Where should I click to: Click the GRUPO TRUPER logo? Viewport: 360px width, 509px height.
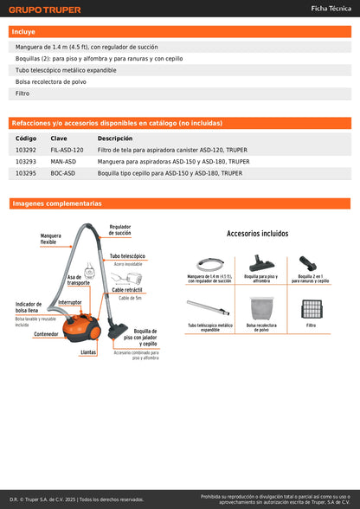pyautogui.click(x=44, y=10)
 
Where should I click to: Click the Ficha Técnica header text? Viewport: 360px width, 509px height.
pyautogui.click(x=331, y=8)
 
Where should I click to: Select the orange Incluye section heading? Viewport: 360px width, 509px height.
pyautogui.click(x=23, y=31)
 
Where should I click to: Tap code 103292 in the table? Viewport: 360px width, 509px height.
pyautogui.click(x=26, y=150)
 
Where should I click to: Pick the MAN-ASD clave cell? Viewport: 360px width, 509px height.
pyautogui.click(x=63, y=161)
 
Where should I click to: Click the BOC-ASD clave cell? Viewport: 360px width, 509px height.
pyautogui.click(x=62, y=173)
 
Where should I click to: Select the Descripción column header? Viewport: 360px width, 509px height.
pyautogui.click(x=114, y=139)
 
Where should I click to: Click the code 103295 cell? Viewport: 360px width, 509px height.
pyautogui.click(x=26, y=173)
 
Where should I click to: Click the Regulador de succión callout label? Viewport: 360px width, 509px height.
pyautogui.click(x=120, y=229)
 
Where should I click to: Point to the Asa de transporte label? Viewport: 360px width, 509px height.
pyautogui.click(x=79, y=280)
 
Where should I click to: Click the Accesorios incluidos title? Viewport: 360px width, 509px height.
pyautogui.click(x=257, y=234)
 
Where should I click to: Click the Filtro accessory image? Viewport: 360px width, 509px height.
pyautogui.click(x=311, y=307)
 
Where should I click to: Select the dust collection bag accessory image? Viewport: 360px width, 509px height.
pyautogui.click(x=261, y=308)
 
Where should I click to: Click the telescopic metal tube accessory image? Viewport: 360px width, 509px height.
pyautogui.click(x=209, y=308)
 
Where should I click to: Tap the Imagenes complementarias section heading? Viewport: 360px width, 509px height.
pyautogui.click(x=57, y=203)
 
